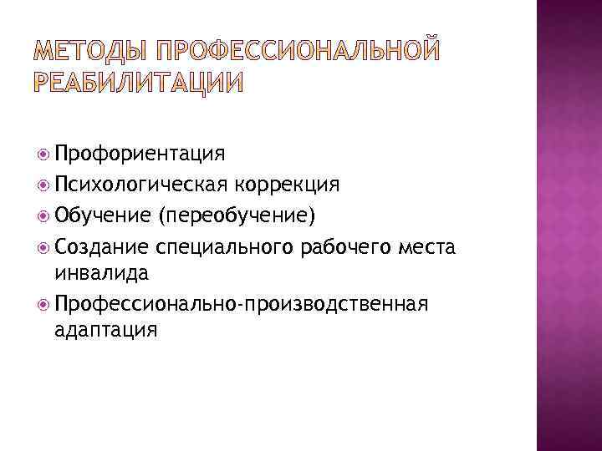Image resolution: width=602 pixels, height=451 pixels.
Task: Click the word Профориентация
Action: click(140, 154)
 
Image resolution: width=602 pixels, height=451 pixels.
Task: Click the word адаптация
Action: click(105, 329)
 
